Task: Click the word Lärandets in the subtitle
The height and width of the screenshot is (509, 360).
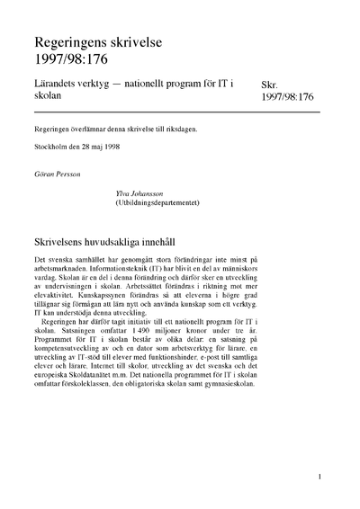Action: pos(59,84)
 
